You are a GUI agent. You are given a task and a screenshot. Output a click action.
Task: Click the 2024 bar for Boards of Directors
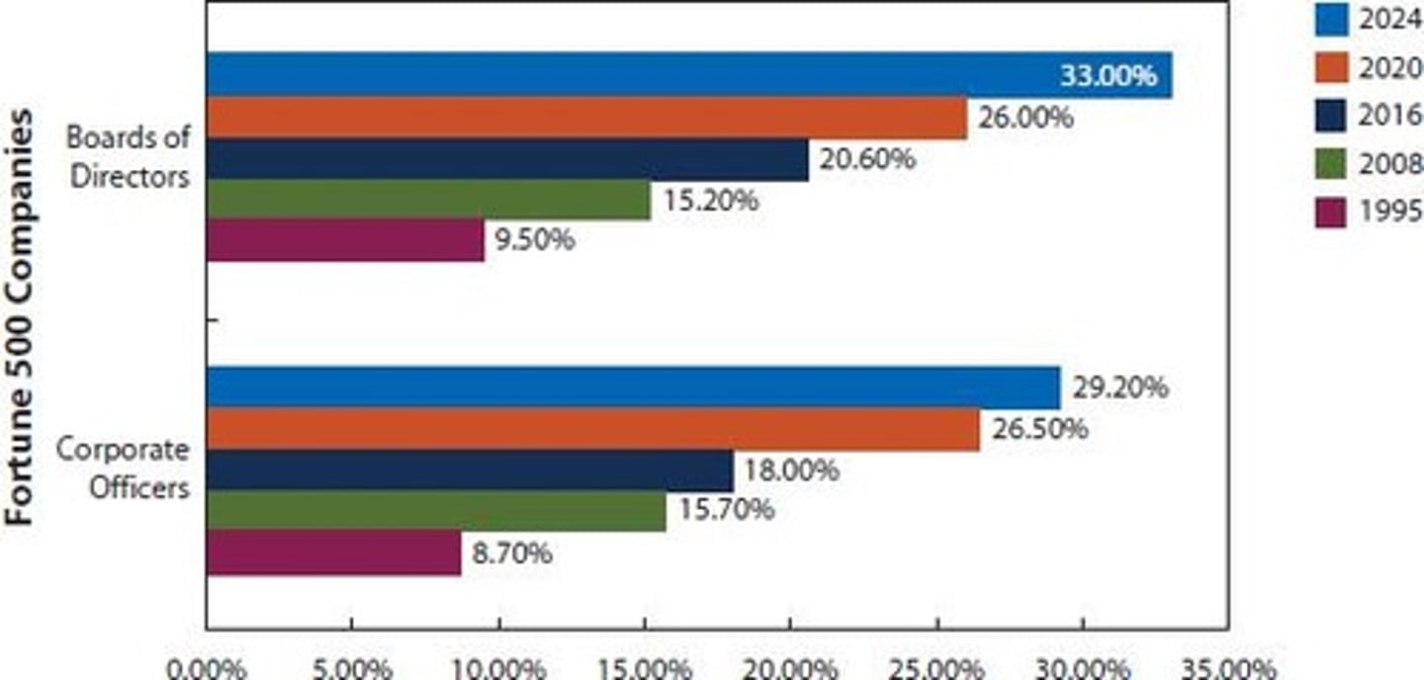click(633, 75)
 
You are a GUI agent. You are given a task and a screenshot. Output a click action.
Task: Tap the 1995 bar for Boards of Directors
click(346, 240)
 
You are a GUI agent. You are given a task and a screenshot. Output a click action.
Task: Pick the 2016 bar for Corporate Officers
click(470, 470)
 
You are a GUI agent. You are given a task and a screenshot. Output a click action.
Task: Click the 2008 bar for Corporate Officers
click(436, 511)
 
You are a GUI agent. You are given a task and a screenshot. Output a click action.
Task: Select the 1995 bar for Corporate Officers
click(334, 552)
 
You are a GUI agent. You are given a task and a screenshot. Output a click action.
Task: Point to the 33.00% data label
click(1108, 76)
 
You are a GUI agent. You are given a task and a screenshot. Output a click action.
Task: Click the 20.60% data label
click(866, 159)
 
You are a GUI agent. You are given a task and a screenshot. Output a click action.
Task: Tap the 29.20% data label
click(1120, 387)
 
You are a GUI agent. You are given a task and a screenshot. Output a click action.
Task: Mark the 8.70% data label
click(511, 552)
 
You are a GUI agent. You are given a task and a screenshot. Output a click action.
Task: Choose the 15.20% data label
click(710, 201)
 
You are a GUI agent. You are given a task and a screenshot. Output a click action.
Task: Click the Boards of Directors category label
click(129, 157)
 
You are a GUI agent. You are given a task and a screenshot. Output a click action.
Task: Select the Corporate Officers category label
click(123, 467)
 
